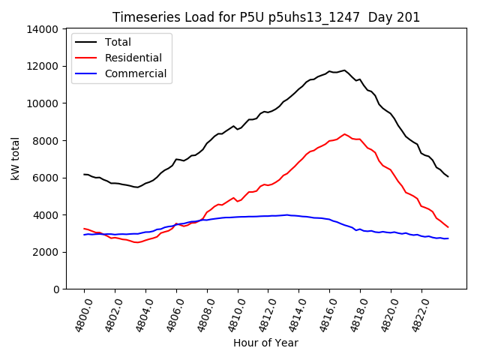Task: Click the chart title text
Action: [x=266, y=17]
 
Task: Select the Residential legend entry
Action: [x=133, y=58]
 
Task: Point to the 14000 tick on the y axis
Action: [x=43, y=29]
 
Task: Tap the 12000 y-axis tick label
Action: [x=43, y=66]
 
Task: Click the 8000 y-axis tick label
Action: [x=46, y=140]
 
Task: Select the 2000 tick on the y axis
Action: [x=46, y=252]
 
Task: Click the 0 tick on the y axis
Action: [x=55, y=289]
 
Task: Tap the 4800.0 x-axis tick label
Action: [x=79, y=315]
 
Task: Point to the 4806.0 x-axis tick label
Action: [x=171, y=315]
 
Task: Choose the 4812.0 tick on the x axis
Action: [x=262, y=315]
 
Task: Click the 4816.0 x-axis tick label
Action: [x=324, y=315]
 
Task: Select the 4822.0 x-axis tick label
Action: [x=416, y=315]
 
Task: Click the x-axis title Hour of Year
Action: [x=265, y=343]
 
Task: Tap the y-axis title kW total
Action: [x=15, y=159]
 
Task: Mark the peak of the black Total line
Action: [x=344, y=70]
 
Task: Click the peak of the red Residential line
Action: [x=345, y=134]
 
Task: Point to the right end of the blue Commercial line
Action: [x=448, y=238]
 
